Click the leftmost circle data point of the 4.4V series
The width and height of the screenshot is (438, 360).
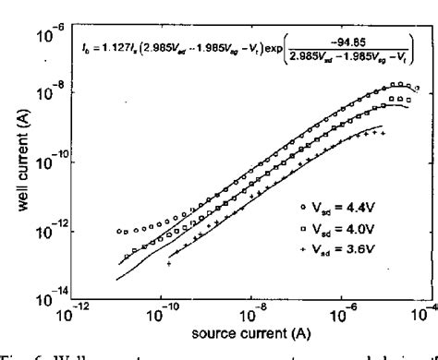coord(118,231)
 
